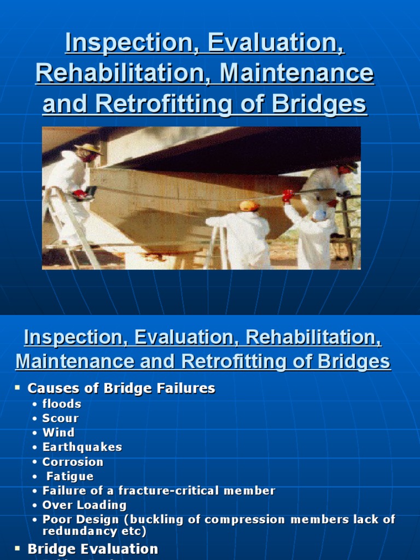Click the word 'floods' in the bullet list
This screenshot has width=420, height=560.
[62, 404]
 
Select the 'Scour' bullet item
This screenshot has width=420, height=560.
[61, 418]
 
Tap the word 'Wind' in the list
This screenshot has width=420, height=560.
[59, 433]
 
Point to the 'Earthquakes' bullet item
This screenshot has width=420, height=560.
[82, 447]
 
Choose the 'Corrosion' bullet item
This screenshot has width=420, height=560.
[73, 462]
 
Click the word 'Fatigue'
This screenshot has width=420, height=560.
[70, 476]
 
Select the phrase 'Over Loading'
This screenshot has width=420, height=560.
[84, 505]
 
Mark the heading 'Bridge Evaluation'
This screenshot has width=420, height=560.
[92, 549]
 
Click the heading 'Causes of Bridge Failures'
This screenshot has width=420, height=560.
[121, 388]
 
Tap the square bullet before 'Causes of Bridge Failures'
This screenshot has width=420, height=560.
[17, 387]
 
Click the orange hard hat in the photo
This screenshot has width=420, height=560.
[249, 206]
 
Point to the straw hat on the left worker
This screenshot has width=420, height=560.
[88, 148]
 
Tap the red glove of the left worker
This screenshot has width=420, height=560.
[80, 194]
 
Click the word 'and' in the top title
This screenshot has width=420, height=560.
[60, 103]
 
